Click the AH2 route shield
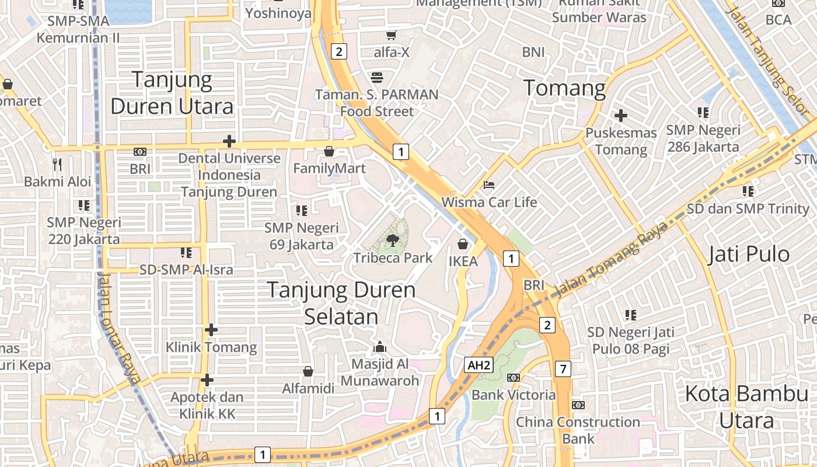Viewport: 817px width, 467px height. click(x=479, y=365)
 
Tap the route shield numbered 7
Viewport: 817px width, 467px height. click(x=563, y=369)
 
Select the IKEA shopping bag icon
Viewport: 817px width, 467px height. click(x=463, y=243)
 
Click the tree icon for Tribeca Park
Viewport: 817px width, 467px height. click(x=393, y=239)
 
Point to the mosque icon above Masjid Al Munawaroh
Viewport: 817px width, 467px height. click(x=380, y=347)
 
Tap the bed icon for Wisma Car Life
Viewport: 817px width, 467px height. click(x=489, y=185)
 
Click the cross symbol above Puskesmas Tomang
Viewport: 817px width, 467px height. click(x=621, y=116)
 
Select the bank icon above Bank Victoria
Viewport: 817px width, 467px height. click(x=514, y=378)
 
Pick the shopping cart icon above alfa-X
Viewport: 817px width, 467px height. click(x=391, y=36)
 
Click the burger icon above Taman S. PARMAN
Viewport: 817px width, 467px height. click(x=376, y=77)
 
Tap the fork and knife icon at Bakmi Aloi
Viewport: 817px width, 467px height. click(x=57, y=164)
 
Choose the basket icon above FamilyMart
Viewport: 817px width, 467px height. click(x=329, y=152)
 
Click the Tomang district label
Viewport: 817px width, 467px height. click(x=564, y=88)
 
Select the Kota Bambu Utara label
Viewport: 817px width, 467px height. click(x=747, y=407)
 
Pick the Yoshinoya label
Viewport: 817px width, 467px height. click(x=278, y=13)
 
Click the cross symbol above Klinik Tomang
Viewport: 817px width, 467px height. click(x=211, y=330)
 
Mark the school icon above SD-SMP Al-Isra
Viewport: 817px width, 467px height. click(x=186, y=252)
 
